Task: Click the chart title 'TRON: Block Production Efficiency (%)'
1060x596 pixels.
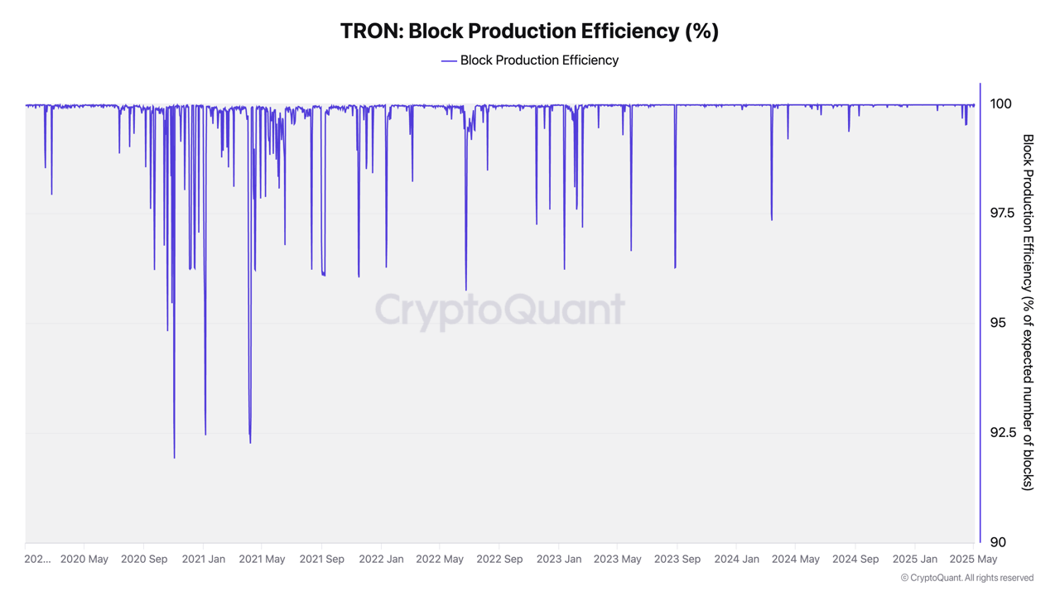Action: tap(529, 31)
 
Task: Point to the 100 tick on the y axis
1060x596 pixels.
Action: tap(1000, 104)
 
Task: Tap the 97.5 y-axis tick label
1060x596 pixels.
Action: tap(1002, 214)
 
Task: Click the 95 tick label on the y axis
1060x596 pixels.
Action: tap(998, 323)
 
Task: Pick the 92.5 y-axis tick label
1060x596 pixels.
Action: tap(1002, 433)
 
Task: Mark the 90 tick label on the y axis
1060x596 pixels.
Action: tap(998, 542)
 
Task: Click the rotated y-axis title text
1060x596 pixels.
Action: tap(1028, 312)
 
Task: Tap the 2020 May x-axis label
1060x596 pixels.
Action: tap(84, 560)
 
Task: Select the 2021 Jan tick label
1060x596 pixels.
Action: tap(204, 560)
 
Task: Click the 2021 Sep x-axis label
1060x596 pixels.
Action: tap(321, 560)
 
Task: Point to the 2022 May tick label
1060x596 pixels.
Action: tap(440, 560)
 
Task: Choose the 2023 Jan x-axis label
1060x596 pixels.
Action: tap(559, 560)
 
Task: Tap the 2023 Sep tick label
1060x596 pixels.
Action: tap(677, 560)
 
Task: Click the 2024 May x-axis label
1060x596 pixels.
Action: tap(796, 560)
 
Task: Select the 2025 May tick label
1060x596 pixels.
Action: tap(973, 560)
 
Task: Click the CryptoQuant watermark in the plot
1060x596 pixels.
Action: tap(500, 310)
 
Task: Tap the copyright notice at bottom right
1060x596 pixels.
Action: tap(966, 578)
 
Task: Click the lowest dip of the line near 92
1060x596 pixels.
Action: tap(174, 456)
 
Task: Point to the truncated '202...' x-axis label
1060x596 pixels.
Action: tap(37, 560)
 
